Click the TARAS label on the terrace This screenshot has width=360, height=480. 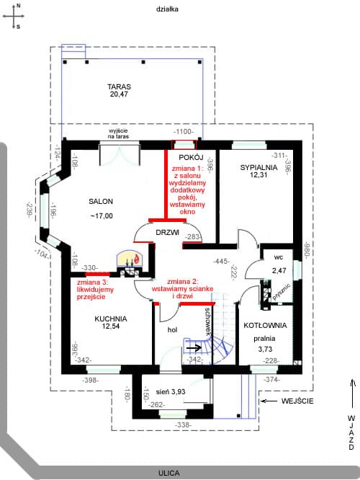[120, 86]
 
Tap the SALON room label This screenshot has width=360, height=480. [101, 201]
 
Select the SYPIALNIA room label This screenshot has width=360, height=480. [258, 167]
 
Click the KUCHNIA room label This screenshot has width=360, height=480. [111, 319]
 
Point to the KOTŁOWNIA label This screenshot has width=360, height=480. [265, 326]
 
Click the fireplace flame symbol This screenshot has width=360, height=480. [137, 259]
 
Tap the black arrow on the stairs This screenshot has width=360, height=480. [194, 348]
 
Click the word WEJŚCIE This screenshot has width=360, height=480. [297, 401]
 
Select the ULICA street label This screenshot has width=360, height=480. [168, 473]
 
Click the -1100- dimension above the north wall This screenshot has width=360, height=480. [184, 132]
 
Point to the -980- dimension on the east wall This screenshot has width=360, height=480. [307, 249]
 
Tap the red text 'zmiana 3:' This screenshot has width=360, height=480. [92, 282]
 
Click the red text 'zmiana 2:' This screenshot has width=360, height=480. [183, 281]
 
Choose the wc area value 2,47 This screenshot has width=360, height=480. [279, 270]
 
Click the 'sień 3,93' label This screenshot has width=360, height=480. [171, 392]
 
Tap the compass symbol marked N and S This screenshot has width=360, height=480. [14, 16]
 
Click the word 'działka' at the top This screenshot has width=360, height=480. [167, 9]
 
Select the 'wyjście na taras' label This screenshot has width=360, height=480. [118, 133]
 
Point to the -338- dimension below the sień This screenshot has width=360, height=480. [184, 425]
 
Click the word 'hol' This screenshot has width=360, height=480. [173, 329]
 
